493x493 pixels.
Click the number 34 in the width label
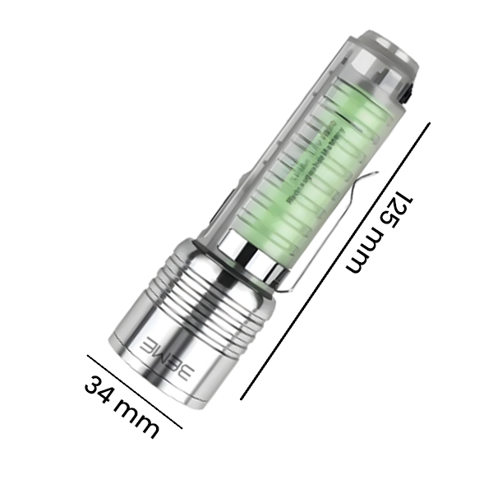(x=102, y=389)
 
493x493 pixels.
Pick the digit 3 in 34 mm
(x=95, y=385)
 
